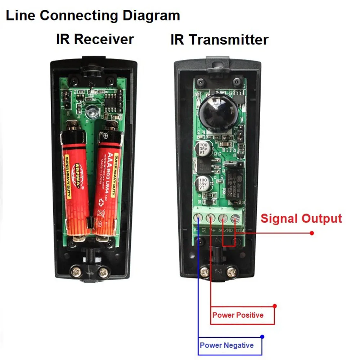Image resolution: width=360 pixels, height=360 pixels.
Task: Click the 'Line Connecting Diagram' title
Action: coord(93,15)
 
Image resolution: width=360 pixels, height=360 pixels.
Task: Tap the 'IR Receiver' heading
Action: coord(95,39)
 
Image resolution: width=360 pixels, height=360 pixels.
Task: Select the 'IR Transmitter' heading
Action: coord(219,40)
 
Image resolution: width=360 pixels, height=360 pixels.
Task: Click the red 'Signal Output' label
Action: coord(301,219)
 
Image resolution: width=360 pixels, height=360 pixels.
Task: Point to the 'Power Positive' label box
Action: coord(238,315)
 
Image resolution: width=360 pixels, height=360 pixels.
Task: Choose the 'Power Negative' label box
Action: coord(227,346)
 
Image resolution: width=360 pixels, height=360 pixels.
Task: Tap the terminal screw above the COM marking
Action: coord(235,218)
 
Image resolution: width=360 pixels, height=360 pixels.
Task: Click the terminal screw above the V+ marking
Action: coord(210,218)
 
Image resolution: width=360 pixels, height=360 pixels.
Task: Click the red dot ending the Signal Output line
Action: coord(312,233)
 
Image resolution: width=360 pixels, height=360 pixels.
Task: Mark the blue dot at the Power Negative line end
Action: coord(262,337)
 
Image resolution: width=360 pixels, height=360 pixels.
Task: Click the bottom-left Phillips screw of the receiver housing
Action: coord(76,271)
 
